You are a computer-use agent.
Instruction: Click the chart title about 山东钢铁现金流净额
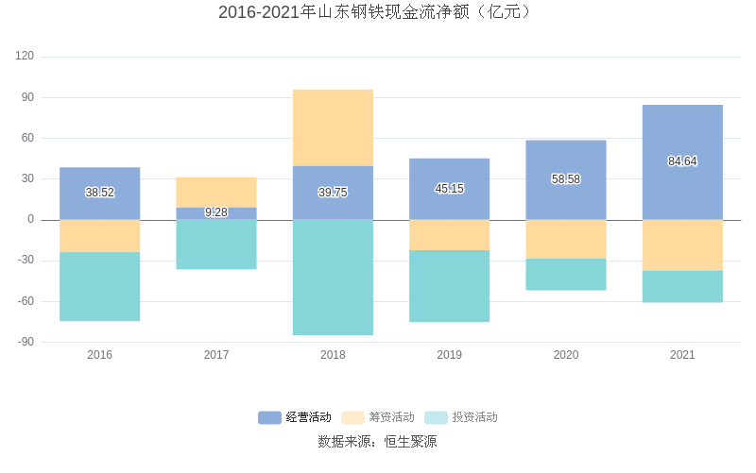click(377, 12)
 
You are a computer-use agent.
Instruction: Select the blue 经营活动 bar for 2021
click(682, 132)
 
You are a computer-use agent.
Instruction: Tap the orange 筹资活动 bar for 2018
click(333, 127)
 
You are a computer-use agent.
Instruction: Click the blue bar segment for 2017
click(216, 213)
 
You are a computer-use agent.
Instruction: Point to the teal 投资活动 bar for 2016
click(100, 286)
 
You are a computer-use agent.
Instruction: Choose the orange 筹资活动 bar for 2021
click(682, 245)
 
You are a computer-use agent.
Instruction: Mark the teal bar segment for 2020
click(566, 274)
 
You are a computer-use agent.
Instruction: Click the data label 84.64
click(682, 161)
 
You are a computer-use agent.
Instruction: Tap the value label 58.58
click(566, 179)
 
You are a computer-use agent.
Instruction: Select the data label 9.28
click(216, 212)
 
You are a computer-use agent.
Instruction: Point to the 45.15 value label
click(449, 189)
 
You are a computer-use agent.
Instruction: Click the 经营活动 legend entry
click(295, 417)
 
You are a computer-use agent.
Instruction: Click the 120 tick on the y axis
click(25, 57)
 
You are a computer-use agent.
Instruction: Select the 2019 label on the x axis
click(449, 355)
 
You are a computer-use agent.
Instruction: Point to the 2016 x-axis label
click(100, 355)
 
